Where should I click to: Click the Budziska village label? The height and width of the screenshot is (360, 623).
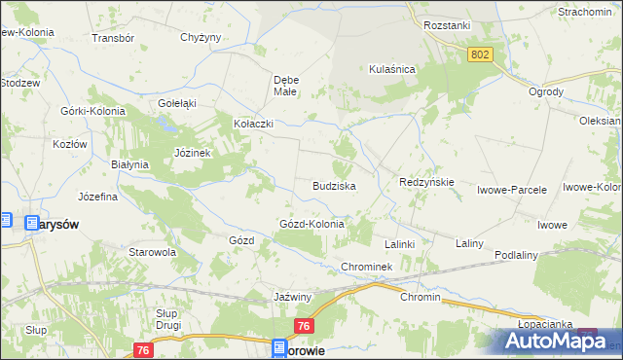[333, 185]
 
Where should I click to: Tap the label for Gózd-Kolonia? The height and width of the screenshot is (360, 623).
[312, 224]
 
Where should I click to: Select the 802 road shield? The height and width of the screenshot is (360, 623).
[479, 56]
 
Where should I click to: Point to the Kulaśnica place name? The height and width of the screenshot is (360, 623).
[392, 69]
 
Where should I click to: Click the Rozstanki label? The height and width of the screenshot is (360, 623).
[448, 26]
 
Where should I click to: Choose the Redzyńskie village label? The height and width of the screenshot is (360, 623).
[427, 182]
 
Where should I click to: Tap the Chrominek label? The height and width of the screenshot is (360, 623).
[366, 267]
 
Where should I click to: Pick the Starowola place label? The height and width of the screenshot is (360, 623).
[152, 251]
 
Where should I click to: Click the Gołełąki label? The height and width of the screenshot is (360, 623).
[177, 102]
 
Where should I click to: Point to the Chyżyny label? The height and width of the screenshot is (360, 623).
[202, 38]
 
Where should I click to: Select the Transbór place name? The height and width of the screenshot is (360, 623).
[111, 38]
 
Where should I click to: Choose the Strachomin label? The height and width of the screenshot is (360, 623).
[584, 12]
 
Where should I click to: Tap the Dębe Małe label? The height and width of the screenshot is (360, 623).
[285, 85]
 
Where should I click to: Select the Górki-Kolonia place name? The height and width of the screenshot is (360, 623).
[93, 111]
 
